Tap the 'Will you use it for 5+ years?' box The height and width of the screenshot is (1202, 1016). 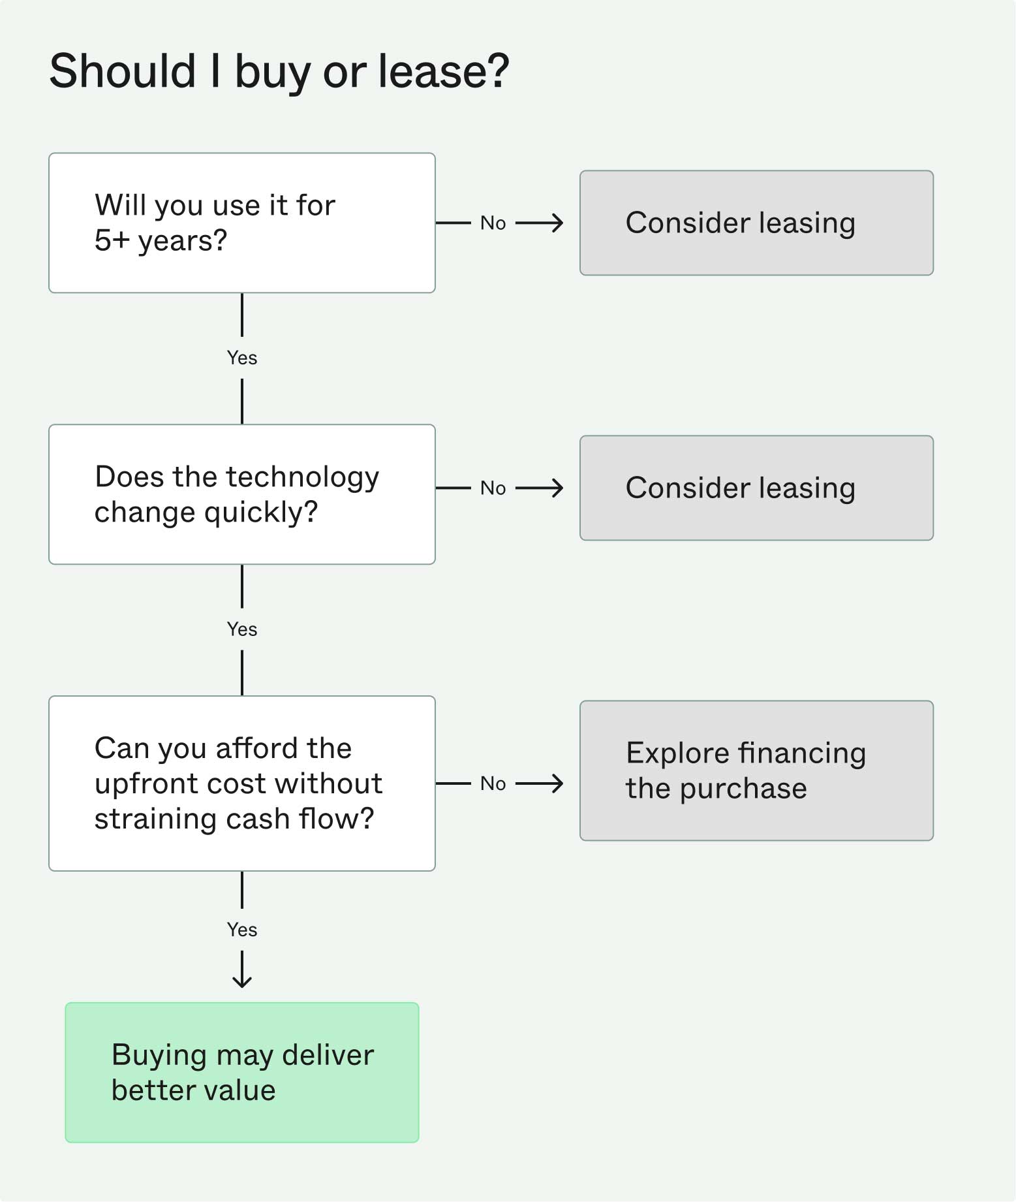point(241,223)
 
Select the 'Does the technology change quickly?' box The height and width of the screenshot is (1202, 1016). point(241,494)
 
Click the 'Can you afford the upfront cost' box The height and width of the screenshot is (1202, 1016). point(241,783)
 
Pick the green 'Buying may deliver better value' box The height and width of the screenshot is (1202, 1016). point(241,1072)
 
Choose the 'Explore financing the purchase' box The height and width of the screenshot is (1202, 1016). point(756,770)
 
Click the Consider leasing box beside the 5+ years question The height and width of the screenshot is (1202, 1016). point(756,223)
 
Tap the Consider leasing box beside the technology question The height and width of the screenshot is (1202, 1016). point(756,488)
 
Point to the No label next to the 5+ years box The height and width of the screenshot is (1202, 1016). point(493,223)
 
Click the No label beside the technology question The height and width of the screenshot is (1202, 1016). point(493,488)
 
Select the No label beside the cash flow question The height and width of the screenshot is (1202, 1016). point(493,783)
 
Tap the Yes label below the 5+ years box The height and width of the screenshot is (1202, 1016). point(241,358)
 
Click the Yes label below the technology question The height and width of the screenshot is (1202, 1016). point(241,629)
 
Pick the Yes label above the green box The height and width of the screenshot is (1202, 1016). point(241,930)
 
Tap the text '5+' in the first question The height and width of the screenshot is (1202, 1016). point(112,241)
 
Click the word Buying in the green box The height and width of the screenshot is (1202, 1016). point(159,1056)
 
